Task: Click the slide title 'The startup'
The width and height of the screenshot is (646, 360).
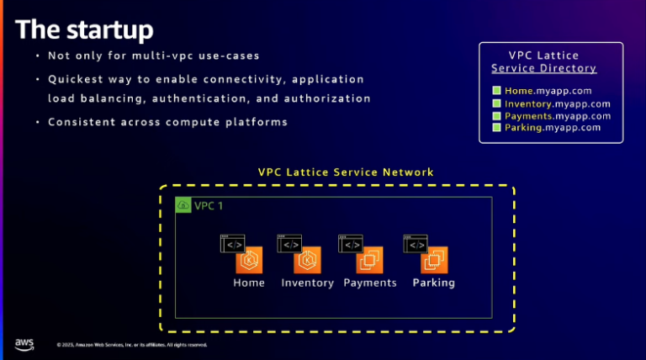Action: click(85, 29)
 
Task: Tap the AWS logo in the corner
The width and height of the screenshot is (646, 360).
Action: click(24, 344)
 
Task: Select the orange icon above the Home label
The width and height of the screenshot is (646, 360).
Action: click(250, 261)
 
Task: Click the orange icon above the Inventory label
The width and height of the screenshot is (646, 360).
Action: click(307, 261)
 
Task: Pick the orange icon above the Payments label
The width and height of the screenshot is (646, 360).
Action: click(368, 261)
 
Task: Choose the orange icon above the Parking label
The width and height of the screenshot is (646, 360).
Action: click(434, 261)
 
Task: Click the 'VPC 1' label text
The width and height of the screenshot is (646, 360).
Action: click(209, 206)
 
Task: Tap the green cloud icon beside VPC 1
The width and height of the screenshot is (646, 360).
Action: click(183, 205)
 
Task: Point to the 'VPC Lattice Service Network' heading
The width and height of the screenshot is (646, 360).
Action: click(346, 172)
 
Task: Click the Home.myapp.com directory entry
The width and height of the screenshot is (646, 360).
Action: click(548, 90)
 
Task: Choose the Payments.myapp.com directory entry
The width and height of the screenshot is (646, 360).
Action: click(557, 115)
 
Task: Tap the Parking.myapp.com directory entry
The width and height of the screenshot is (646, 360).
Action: click(553, 127)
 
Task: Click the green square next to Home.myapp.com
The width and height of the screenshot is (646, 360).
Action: click(496, 90)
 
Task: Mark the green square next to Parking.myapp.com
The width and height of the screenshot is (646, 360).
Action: click(496, 127)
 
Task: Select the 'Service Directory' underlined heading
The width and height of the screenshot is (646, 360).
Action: click(544, 68)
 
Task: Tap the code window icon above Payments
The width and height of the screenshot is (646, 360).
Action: click(350, 243)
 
